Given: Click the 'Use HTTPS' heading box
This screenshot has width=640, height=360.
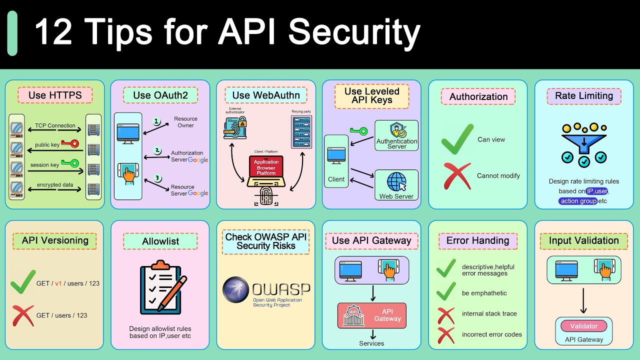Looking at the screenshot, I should coord(55,95).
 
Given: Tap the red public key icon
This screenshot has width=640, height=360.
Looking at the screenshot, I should coord(70,144).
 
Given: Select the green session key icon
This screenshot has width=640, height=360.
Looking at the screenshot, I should coord(70,163).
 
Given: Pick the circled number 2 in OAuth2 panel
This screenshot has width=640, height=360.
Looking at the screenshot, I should coord(157,150).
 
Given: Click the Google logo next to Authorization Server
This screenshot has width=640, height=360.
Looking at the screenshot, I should coord(198,160).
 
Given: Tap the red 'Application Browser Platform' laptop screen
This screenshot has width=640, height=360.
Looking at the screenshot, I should coord(266,167).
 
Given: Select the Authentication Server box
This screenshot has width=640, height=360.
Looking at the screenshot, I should coord(396,135).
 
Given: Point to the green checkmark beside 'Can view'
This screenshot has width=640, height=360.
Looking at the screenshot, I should coord(457,139).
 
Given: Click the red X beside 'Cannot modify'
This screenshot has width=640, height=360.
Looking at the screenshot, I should coord(457,176).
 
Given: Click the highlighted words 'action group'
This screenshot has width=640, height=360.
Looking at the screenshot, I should coord(578,201).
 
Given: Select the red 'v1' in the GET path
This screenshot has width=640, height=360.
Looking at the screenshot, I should coord(58,283).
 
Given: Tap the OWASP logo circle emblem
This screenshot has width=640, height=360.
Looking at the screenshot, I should coord(235,290).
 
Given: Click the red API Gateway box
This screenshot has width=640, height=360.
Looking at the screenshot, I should coord(371,315).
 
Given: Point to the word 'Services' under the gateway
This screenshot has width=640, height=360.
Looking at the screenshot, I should coord(371,343).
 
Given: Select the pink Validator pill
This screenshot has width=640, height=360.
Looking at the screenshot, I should coord(584,326).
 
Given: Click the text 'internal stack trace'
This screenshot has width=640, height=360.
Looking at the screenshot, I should coord(489,314).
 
